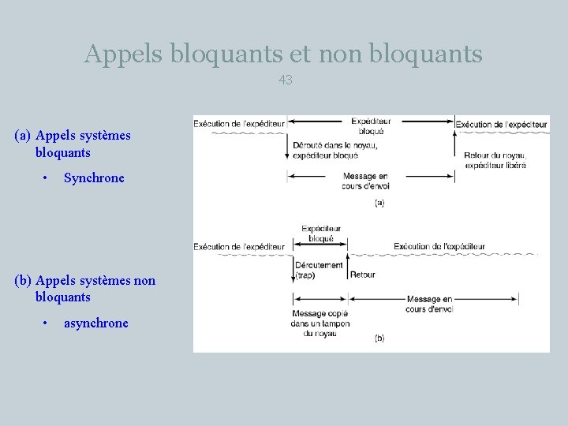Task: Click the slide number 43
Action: click(x=285, y=80)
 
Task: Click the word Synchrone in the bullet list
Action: click(x=94, y=177)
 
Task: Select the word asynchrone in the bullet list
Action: click(x=95, y=323)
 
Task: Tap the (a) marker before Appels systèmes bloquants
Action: click(x=23, y=136)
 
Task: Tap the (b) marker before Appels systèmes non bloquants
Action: click(x=23, y=281)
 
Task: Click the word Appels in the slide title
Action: click(x=122, y=54)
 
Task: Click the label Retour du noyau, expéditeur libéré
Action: click(x=495, y=160)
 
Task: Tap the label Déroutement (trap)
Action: click(x=319, y=270)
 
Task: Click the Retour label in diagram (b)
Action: click(x=362, y=275)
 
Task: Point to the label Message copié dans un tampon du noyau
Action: click(x=319, y=323)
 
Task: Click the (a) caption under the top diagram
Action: click(x=379, y=203)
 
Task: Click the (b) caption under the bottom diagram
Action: click(x=379, y=338)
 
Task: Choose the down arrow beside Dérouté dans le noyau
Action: click(x=286, y=148)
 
